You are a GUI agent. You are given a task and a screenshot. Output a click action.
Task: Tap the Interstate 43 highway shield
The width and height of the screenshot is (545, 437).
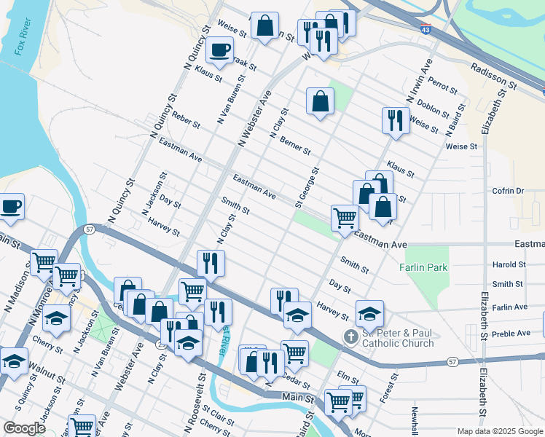[426, 30]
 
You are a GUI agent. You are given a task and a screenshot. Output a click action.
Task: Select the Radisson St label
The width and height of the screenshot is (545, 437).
[494, 76]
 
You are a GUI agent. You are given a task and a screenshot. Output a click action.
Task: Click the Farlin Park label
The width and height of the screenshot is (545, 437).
[423, 267]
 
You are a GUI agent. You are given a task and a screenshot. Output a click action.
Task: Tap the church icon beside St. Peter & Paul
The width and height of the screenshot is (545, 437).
[350, 337]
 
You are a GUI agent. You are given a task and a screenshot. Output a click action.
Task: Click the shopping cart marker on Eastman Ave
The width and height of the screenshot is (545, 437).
[344, 216]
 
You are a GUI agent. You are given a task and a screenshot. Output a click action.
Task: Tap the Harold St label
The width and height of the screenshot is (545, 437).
[509, 265]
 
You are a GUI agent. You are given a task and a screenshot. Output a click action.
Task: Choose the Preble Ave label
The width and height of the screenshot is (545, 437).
[512, 333]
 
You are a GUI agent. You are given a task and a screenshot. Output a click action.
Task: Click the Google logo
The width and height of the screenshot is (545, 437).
[24, 428]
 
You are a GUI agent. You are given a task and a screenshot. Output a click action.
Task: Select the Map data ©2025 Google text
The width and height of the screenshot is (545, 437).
[499, 431]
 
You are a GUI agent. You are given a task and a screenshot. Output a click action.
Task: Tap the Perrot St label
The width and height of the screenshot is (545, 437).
[442, 84]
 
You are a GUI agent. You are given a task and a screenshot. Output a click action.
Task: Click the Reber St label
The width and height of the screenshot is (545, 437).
[186, 121]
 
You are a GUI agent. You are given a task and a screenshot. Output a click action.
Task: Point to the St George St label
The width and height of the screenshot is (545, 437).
[307, 187]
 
